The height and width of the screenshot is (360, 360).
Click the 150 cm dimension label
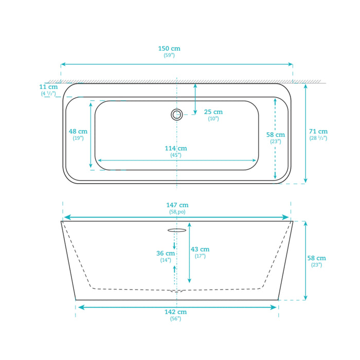click(x=169, y=49)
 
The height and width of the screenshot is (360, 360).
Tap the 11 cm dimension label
click(x=48, y=87)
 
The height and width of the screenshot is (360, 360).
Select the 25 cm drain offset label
click(x=213, y=112)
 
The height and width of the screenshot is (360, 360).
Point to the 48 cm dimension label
click(x=78, y=132)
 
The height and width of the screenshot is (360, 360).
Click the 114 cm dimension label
click(x=176, y=149)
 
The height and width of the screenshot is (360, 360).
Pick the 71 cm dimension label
click(x=318, y=132)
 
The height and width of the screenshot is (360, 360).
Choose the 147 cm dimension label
click(x=177, y=205)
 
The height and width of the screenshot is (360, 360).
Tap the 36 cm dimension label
click(x=166, y=254)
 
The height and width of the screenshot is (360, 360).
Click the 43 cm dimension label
click(x=200, y=249)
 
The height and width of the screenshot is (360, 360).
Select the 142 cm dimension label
click(x=176, y=312)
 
